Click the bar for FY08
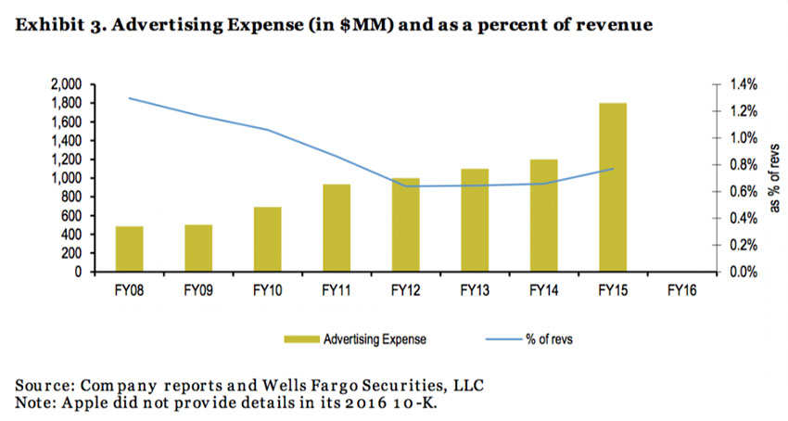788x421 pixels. coord(129,249)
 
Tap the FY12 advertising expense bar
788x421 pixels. coord(405,224)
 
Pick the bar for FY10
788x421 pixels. coord(267,239)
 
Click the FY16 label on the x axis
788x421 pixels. coord(681,288)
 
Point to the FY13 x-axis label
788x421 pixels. coord(474,288)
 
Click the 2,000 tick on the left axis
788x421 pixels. coord(69,83)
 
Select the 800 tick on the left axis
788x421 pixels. coord(75,197)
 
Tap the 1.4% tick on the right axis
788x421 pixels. coord(744,83)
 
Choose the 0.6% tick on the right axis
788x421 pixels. coord(744,192)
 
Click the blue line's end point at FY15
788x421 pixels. coord(612,169)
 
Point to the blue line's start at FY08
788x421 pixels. coord(129,97)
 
